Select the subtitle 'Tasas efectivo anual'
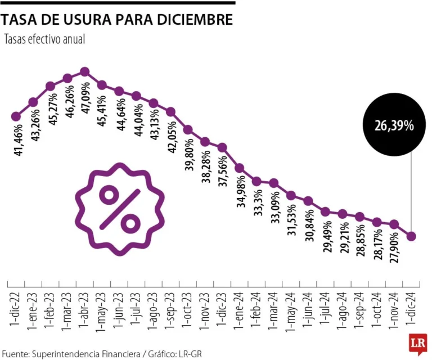tap(44, 40)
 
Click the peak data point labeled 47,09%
tap(85, 71)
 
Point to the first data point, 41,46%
tap(16, 116)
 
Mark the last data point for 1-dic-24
tap(411, 236)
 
